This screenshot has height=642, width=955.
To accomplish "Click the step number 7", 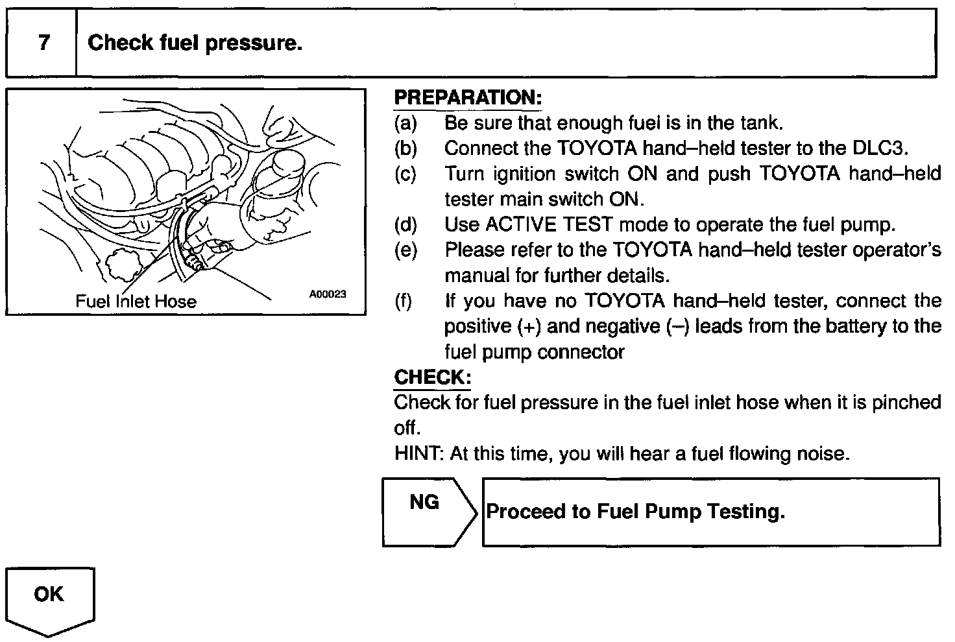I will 43,43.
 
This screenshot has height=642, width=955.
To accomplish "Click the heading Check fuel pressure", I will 195,43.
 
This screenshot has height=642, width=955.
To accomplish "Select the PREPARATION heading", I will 467,98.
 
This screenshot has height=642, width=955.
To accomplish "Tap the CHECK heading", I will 432,377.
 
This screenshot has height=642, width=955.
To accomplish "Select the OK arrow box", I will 49,595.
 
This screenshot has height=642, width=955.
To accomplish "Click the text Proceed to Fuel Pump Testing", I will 635,512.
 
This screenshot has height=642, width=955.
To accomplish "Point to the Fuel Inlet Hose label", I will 136,301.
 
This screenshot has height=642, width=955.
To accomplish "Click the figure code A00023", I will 328,294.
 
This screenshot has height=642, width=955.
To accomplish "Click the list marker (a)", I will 405,123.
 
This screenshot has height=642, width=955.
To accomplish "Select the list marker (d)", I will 405,225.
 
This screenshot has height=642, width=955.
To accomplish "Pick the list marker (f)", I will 404,302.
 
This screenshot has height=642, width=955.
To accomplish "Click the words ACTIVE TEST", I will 549,225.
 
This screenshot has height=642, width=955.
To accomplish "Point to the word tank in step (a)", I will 760,123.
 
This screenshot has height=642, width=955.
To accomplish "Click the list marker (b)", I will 405,149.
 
